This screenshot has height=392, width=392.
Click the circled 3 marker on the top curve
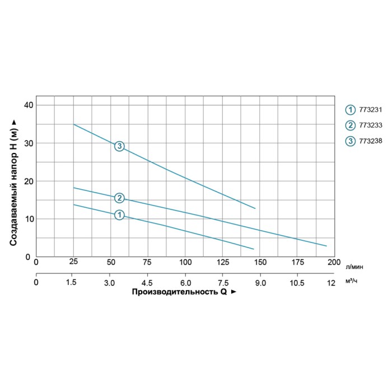[119, 146]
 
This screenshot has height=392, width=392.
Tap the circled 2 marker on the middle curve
[119, 198]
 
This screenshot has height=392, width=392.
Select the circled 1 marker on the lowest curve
[119, 215]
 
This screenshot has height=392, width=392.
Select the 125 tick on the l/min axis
[223, 262]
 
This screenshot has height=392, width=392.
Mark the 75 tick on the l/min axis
[148, 262]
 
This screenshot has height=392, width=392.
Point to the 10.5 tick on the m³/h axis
[297, 283]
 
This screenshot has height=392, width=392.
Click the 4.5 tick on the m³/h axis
[148, 283]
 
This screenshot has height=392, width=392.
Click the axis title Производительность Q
[179, 292]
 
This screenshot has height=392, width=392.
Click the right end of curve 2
[326, 246]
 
